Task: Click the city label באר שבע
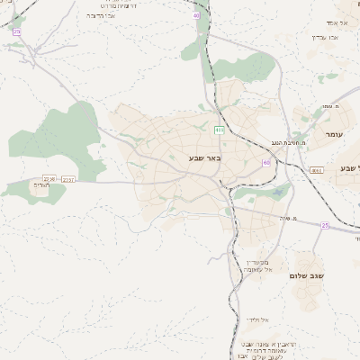tap(204, 158)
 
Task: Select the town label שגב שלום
tap(306, 275)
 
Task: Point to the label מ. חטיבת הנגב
tap(289, 143)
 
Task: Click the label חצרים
tap(40, 184)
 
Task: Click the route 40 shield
tap(196, 15)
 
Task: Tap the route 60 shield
tap(266, 162)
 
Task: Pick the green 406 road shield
tap(219, 130)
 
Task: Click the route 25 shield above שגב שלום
tap(325, 225)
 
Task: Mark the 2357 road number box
tap(68, 179)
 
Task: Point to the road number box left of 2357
tap(49, 178)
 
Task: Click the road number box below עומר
tap(316, 169)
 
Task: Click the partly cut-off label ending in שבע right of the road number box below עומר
tap(349, 168)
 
